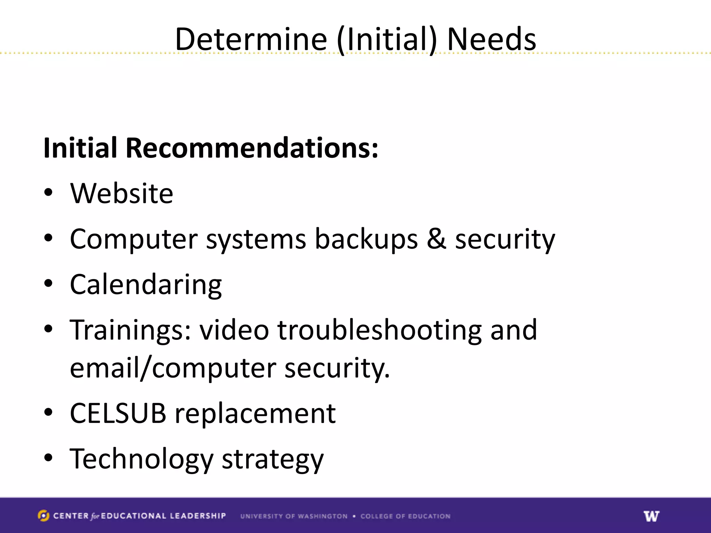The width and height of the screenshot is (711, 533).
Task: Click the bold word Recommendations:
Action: pyautogui.click(x=252, y=148)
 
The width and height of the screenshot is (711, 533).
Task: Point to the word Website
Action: pyautogui.click(x=122, y=193)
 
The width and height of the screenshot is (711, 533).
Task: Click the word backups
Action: pyautogui.click(x=366, y=239)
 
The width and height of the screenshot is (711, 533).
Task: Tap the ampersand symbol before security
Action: pyautogui.click(x=436, y=239)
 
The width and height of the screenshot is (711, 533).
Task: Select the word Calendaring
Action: pyautogui.click(x=146, y=285)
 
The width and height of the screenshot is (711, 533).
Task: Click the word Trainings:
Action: pyautogui.click(x=131, y=330)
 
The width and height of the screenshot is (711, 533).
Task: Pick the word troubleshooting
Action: pyautogui.click(x=379, y=330)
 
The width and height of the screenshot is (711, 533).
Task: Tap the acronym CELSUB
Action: pyautogui.click(x=118, y=413)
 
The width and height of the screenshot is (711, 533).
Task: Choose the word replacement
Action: pyautogui.click(x=255, y=414)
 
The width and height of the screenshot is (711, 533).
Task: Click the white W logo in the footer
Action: pyautogui.click(x=651, y=516)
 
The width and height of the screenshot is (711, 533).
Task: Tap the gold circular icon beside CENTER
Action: pyautogui.click(x=43, y=516)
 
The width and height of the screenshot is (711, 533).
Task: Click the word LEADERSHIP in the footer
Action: pyautogui.click(x=198, y=516)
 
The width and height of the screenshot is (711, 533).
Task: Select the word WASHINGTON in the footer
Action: pyautogui.click(x=323, y=516)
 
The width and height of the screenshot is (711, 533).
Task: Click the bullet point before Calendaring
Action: pyautogui.click(x=48, y=283)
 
